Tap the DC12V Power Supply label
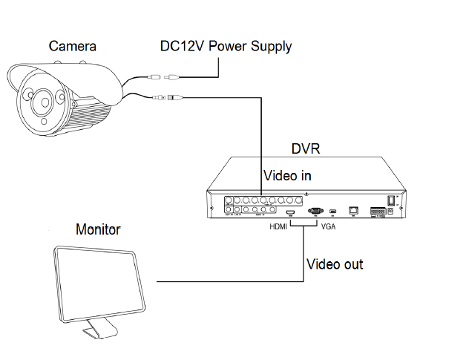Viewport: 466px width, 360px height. pos(226,46)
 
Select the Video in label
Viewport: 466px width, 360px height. pos(287,176)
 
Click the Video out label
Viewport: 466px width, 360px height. pos(335,264)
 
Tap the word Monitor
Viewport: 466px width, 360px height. pos(99,229)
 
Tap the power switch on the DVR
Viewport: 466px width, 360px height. pos(391,200)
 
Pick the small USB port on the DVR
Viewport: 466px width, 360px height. pos(333,211)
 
